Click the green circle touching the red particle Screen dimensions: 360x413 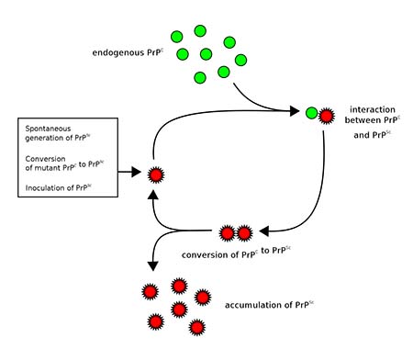pyautogui.click(x=312, y=114)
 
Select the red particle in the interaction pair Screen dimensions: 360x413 pyautogui.click(x=326, y=115)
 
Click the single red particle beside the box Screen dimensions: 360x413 pyautogui.click(x=156, y=174)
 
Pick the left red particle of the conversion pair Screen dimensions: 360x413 pyautogui.click(x=230, y=232)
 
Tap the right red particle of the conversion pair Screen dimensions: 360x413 pyautogui.click(x=245, y=232)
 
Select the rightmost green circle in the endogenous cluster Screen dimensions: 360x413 pyautogui.click(x=241, y=61)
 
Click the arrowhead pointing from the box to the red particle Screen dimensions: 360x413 pyautogui.click(x=138, y=173)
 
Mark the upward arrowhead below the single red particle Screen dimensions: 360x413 pyautogui.click(x=156, y=194)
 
